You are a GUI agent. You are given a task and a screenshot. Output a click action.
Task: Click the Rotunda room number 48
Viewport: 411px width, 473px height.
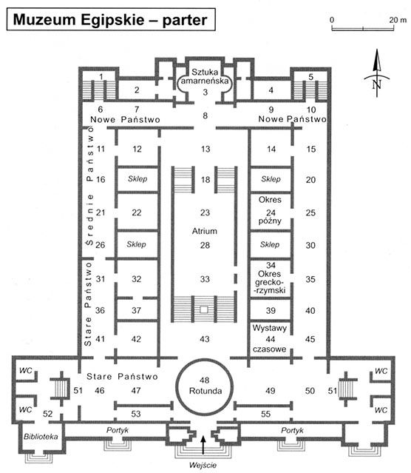pyautogui.click(x=205, y=380)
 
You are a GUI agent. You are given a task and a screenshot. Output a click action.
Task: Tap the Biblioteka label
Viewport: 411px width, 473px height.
pyautogui.click(x=41, y=437)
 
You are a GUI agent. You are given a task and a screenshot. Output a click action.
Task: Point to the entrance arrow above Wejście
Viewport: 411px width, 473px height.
pyautogui.click(x=203, y=445)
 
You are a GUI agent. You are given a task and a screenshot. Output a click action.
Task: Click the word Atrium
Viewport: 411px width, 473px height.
pyautogui.click(x=205, y=231)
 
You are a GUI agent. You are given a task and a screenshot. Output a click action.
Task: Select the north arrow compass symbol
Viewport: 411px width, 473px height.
pyautogui.click(x=377, y=73)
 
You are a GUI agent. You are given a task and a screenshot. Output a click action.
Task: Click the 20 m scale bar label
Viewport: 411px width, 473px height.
pyautogui.click(x=398, y=20)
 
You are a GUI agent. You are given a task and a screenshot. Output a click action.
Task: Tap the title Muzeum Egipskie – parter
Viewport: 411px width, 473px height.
pyautogui.click(x=110, y=19)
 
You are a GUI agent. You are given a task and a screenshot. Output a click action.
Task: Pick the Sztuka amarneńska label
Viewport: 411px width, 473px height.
pyautogui.click(x=205, y=76)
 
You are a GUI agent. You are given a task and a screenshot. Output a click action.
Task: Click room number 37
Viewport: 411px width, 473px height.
pyautogui.click(x=136, y=310)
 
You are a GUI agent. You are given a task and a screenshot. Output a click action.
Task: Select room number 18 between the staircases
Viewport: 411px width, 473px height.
pyautogui.click(x=205, y=180)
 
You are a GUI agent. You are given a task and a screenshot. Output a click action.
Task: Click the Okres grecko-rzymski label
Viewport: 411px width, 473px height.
pyautogui.click(x=270, y=282)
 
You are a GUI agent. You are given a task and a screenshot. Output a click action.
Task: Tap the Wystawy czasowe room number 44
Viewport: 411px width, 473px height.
pyautogui.click(x=271, y=339)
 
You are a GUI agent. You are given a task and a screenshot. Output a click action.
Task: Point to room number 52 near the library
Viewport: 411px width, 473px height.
pyautogui.click(x=47, y=413)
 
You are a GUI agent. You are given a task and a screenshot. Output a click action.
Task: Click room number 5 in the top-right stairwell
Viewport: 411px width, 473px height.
pyautogui.click(x=310, y=77)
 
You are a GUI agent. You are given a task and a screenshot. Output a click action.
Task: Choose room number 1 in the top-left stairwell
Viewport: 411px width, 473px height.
pyautogui.click(x=101, y=77)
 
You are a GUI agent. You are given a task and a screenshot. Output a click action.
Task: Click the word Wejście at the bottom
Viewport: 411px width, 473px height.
pyautogui.click(x=203, y=465)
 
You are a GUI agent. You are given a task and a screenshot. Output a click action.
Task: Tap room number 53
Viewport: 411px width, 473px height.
pyautogui.click(x=136, y=414)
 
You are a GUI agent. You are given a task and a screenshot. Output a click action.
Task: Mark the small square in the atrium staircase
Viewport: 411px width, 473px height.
pyautogui.click(x=204, y=309)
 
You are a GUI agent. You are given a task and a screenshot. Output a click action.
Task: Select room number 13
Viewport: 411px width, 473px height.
pyautogui.click(x=205, y=149)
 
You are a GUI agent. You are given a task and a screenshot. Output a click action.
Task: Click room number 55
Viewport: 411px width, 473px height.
pyautogui.click(x=265, y=414)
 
